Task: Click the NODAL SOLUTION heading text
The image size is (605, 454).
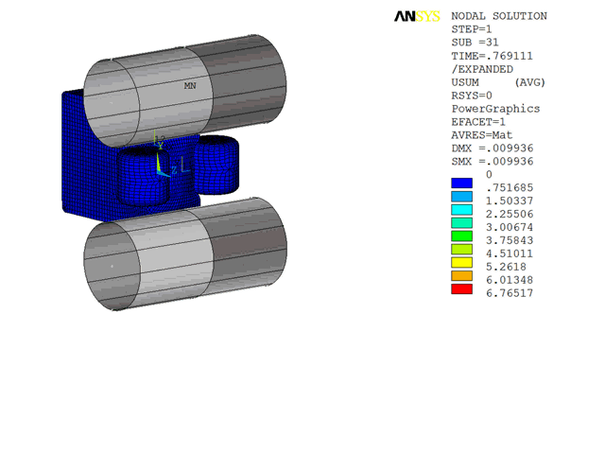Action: [x=499, y=16]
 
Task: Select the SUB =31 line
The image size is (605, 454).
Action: [x=475, y=43]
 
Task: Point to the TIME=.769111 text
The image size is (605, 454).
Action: [x=493, y=56]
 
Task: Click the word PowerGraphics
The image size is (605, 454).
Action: [x=495, y=109]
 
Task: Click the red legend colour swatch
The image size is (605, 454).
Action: [x=461, y=289]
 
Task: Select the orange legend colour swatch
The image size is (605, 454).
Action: [x=461, y=276]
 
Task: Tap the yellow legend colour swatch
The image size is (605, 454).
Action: [x=461, y=263]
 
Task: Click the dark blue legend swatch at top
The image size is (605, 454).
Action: [x=461, y=183]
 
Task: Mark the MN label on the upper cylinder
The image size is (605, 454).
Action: [x=190, y=86]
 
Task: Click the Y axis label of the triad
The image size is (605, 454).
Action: [x=160, y=145]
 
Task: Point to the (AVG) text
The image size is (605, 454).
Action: [x=529, y=82]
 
